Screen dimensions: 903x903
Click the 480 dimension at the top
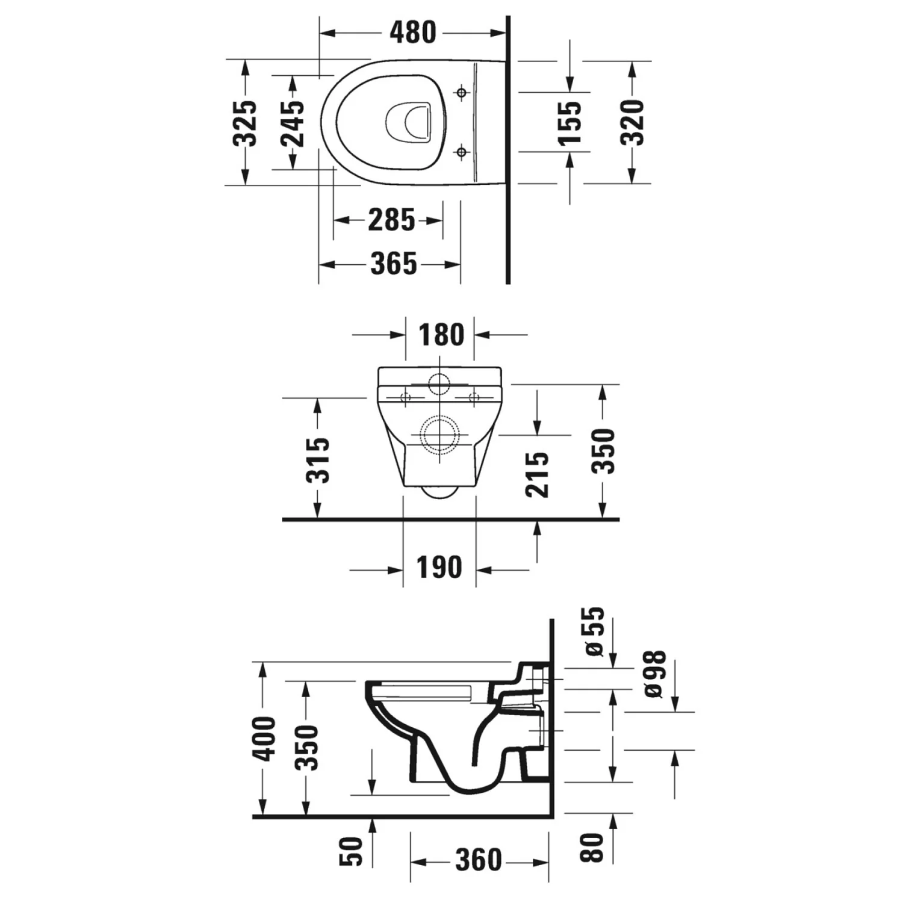tap(413, 33)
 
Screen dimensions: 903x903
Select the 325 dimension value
tap(246, 123)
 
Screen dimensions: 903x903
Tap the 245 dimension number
tap(293, 123)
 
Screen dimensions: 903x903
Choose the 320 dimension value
tap(633, 123)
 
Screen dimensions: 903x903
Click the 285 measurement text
tap(391, 220)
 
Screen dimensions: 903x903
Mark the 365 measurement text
tap(394, 264)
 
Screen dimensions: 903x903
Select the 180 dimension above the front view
tap(442, 335)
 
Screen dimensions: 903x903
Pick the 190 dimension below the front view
tap(439, 568)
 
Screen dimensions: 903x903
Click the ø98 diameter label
tap(655, 674)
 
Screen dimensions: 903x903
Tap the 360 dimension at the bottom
tap(479, 860)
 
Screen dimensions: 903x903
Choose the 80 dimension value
tap(592, 848)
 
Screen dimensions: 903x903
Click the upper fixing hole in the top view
tap(462, 93)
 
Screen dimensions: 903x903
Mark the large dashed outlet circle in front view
tap(441, 435)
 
